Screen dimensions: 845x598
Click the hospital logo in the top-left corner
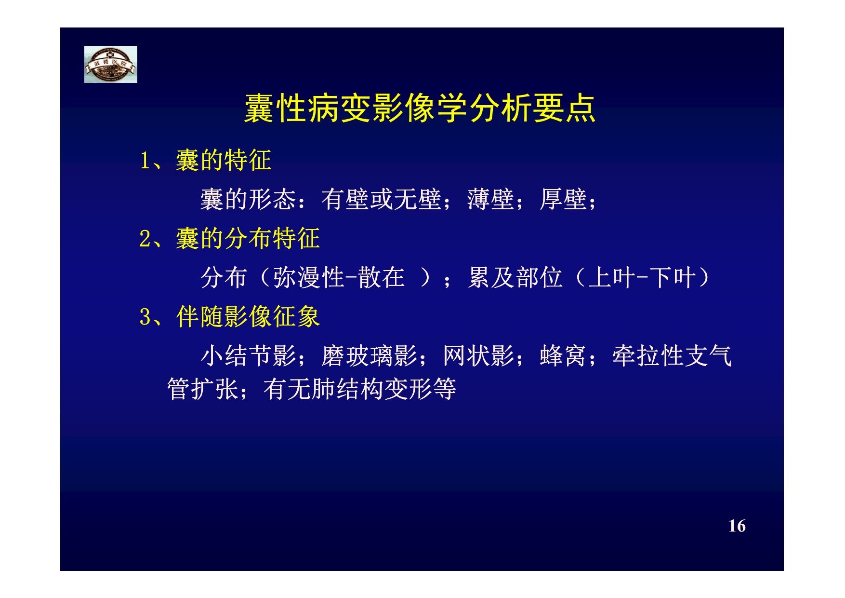[x=111, y=64]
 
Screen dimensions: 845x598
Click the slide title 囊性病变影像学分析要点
[x=420, y=108]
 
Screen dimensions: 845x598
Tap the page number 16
[x=737, y=526]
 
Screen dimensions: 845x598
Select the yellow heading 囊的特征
[x=224, y=160]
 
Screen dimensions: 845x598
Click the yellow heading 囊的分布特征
[x=248, y=238]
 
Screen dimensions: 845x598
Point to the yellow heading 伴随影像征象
[x=248, y=317]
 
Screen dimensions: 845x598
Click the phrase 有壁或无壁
[x=381, y=199]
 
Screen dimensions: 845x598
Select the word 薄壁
[x=490, y=199]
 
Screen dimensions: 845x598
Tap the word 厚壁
[x=563, y=199]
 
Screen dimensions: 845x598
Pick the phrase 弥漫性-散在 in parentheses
[x=339, y=278]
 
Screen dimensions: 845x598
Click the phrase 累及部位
[x=515, y=278]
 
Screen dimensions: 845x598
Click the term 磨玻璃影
[x=369, y=356]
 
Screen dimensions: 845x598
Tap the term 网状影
[x=478, y=356]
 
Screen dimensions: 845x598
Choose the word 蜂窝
[x=563, y=356]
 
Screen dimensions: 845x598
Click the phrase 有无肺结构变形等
[x=359, y=389]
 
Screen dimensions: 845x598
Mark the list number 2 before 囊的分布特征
[x=145, y=239]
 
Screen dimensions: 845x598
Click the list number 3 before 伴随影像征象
[x=145, y=317]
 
